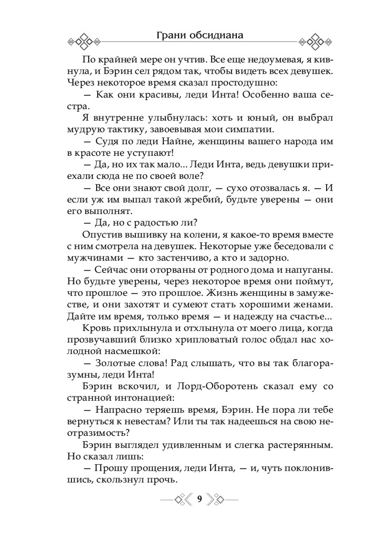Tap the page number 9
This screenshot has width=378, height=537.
[x=199, y=498]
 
